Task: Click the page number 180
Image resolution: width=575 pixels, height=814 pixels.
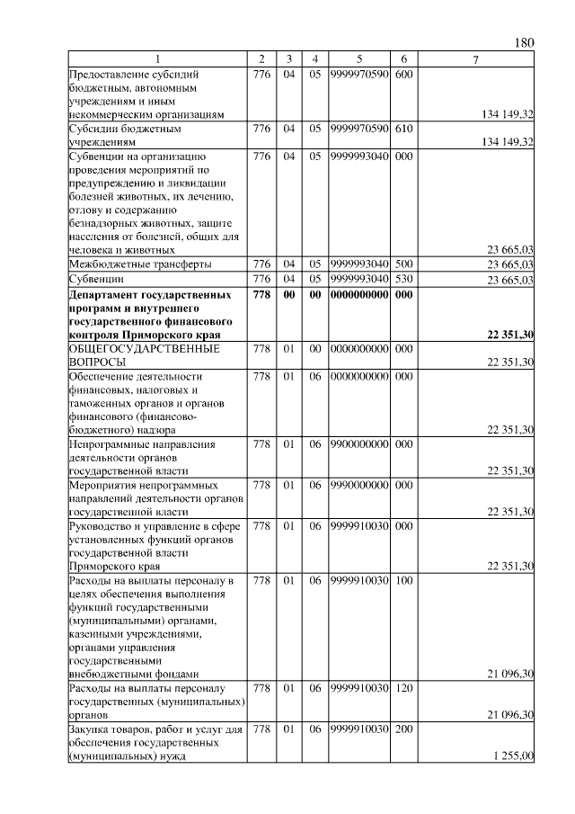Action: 526,42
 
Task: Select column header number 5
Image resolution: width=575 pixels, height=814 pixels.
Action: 358,59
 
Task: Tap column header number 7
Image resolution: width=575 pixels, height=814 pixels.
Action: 476,59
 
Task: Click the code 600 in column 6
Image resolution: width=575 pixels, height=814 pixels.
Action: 403,74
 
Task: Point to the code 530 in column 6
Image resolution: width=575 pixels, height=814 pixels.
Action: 403,280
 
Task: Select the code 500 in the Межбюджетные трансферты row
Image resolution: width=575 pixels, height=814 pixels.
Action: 403,264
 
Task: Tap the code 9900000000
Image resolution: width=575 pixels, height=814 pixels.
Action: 358,443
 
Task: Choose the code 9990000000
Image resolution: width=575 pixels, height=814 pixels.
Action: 358,485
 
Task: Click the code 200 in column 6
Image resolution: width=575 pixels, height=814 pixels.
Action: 403,729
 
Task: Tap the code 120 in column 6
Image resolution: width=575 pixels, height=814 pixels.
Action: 403,688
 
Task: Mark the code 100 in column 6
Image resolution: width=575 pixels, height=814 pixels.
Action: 403,580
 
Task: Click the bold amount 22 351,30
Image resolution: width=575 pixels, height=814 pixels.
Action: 510,335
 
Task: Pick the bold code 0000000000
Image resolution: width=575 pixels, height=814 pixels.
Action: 358,294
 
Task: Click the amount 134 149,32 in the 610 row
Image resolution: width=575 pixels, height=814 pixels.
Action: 508,142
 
